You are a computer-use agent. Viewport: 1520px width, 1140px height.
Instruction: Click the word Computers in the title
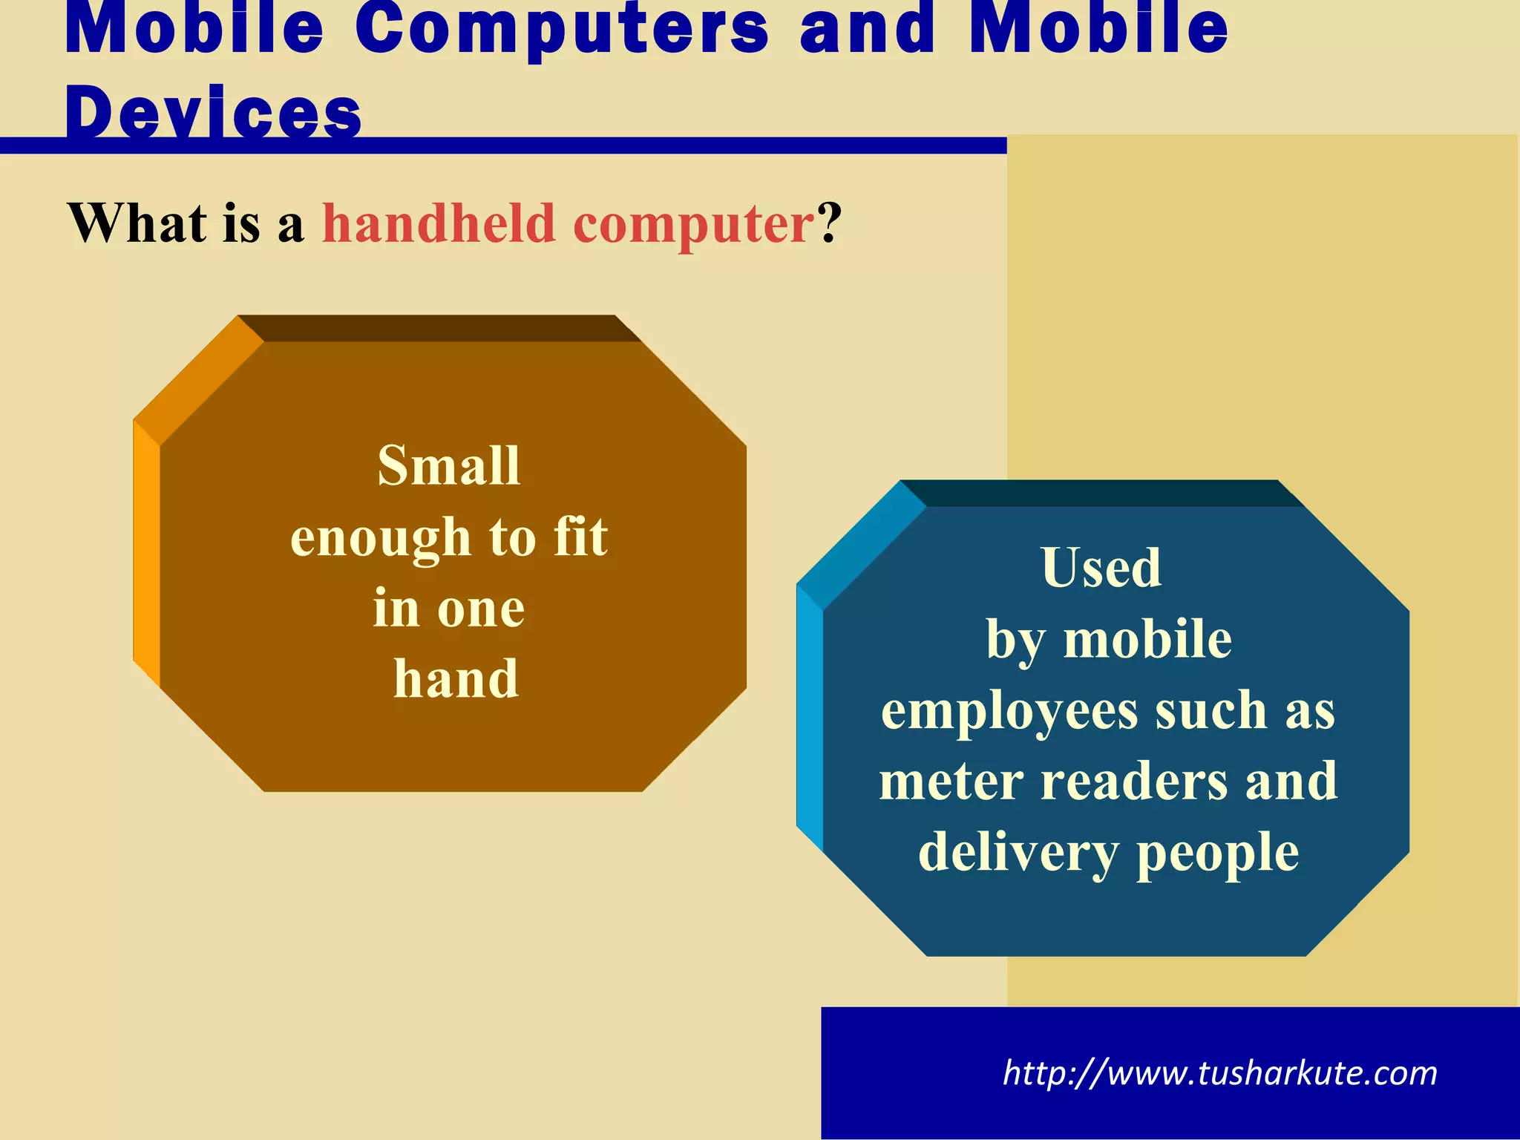[x=562, y=30]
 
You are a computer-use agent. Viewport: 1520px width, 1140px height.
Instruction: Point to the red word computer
[x=694, y=224]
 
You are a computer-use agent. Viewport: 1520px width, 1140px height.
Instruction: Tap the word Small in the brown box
[x=449, y=465]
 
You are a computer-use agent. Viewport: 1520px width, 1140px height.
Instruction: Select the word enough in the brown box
[x=381, y=537]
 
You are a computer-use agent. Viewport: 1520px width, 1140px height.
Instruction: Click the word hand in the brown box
[x=456, y=678]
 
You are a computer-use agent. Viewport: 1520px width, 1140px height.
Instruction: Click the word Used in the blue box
[x=1101, y=568]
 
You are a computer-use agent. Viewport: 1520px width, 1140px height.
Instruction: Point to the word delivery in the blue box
[x=1018, y=853]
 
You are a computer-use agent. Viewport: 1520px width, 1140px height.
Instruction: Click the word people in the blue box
[x=1217, y=853]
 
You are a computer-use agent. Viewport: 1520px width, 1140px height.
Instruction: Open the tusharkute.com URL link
[x=1220, y=1073]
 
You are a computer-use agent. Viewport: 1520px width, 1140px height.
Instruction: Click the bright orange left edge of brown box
[x=146, y=553]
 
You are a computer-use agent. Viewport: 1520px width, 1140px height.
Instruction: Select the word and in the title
[x=868, y=30]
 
